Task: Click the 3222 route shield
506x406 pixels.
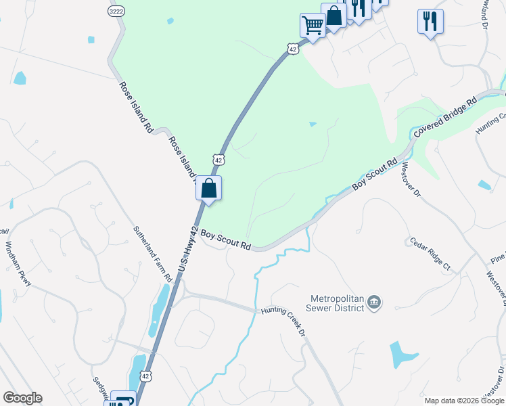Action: click(x=115, y=12)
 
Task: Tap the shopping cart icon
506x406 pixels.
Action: click(x=312, y=25)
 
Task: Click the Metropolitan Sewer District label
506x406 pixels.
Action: click(x=338, y=303)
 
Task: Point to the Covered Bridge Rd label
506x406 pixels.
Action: click(x=446, y=117)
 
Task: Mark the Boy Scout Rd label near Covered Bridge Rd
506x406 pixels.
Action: click(x=374, y=175)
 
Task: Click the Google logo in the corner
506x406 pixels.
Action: click(x=22, y=398)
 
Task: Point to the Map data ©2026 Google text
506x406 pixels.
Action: click(x=464, y=401)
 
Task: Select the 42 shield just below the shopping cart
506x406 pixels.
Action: click(x=292, y=49)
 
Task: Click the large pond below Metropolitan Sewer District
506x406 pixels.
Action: click(x=403, y=354)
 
